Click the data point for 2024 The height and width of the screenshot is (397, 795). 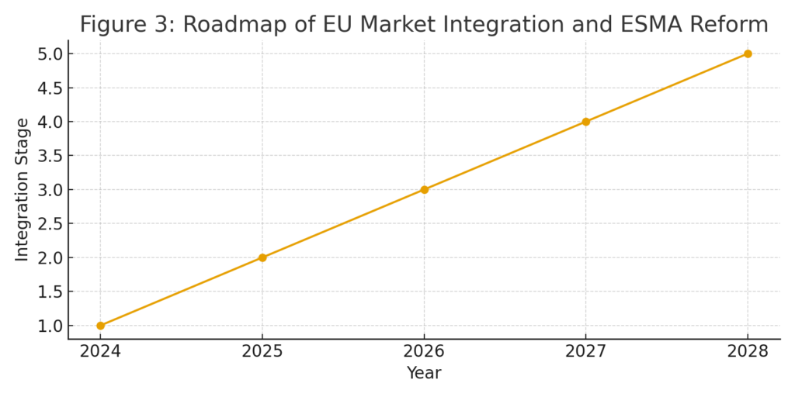(100, 326)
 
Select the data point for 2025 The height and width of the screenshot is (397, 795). (262, 257)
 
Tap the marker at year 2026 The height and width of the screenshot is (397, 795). (424, 189)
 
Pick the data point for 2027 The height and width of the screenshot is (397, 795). (585, 122)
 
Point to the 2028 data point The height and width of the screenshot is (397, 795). (748, 54)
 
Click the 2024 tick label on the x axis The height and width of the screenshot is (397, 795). (100, 351)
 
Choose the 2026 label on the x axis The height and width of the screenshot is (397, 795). (424, 351)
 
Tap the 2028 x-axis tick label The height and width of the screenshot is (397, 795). (748, 351)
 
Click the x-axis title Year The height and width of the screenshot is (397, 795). (424, 374)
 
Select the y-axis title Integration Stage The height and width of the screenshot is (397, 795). (22, 189)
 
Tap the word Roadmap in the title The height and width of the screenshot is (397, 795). (231, 25)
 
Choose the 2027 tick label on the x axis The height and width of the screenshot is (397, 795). (585, 351)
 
